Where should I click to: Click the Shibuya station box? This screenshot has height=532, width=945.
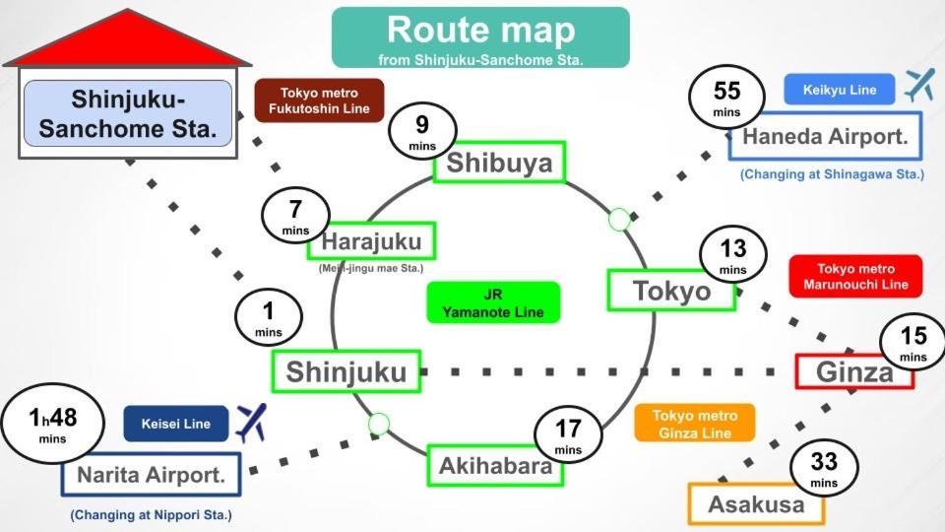pyautogui.click(x=499, y=163)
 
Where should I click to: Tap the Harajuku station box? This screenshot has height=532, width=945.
pyautogui.click(x=371, y=241)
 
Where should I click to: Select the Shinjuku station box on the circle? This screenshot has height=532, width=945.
pyautogui.click(x=346, y=371)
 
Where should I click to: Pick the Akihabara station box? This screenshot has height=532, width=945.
pyautogui.click(x=495, y=466)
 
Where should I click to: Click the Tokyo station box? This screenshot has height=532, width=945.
pyautogui.click(x=671, y=291)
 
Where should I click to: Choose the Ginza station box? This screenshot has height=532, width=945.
pyautogui.click(x=854, y=370)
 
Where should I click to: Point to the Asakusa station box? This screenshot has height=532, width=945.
pyautogui.click(x=756, y=504)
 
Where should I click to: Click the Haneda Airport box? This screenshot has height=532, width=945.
pyautogui.click(x=825, y=138)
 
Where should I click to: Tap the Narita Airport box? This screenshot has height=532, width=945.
pyautogui.click(x=153, y=476)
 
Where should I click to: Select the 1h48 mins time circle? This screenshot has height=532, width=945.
pyautogui.click(x=52, y=425)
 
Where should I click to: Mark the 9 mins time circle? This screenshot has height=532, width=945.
pyautogui.click(x=422, y=134)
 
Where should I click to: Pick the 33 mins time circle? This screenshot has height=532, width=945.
pyautogui.click(x=823, y=468)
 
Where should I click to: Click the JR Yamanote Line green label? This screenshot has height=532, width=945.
pyautogui.click(x=493, y=302)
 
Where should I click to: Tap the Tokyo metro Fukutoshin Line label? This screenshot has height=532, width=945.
pyautogui.click(x=319, y=100)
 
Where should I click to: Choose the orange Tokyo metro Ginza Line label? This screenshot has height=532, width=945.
pyautogui.click(x=695, y=424)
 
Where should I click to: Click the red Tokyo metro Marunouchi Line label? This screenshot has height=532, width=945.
pyautogui.click(x=855, y=277)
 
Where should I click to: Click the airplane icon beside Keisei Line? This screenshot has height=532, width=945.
pyautogui.click(x=251, y=423)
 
